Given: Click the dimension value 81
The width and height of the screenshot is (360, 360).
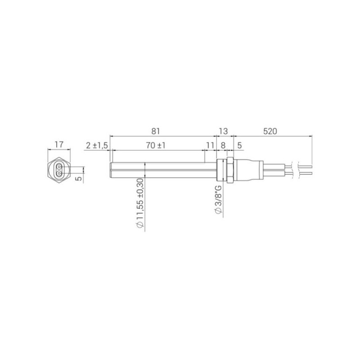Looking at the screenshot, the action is pyautogui.click(x=155, y=131).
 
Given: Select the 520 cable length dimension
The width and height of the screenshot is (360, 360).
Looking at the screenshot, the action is pyautogui.click(x=270, y=131).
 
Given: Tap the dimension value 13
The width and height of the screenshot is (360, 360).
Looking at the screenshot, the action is pyautogui.click(x=223, y=131).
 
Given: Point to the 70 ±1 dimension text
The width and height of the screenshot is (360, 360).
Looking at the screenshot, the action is pyautogui.click(x=156, y=145).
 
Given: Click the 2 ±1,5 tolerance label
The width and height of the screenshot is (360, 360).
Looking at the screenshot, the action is pyautogui.click(x=97, y=145).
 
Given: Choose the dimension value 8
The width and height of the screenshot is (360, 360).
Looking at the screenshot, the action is pyautogui.click(x=223, y=145).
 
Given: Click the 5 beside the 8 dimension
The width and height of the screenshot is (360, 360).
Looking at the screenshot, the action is pyautogui.click(x=239, y=145).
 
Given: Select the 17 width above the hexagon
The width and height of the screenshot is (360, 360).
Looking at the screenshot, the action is pyautogui.click(x=59, y=144).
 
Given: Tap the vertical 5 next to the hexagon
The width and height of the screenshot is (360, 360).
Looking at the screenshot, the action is pyautogui.click(x=78, y=178).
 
